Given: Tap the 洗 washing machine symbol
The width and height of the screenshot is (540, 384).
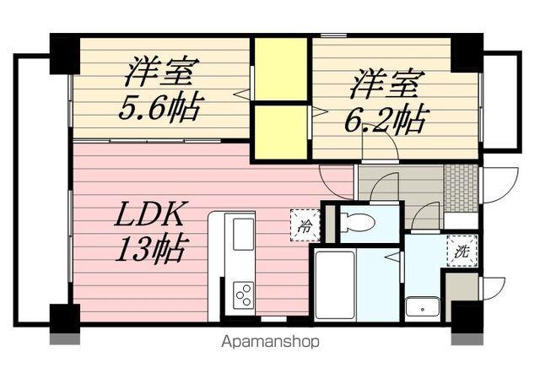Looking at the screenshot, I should (462, 251).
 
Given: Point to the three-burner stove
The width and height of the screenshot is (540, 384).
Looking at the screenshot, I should (243, 295).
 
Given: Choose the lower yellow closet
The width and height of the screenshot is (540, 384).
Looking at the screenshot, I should (281, 131).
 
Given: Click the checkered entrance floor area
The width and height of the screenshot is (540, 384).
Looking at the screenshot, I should (461, 188).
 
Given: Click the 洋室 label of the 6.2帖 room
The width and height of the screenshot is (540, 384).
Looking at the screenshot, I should (385, 84).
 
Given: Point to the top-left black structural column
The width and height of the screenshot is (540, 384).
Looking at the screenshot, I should (63, 53).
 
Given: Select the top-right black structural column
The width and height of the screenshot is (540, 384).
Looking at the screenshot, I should (467, 53).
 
